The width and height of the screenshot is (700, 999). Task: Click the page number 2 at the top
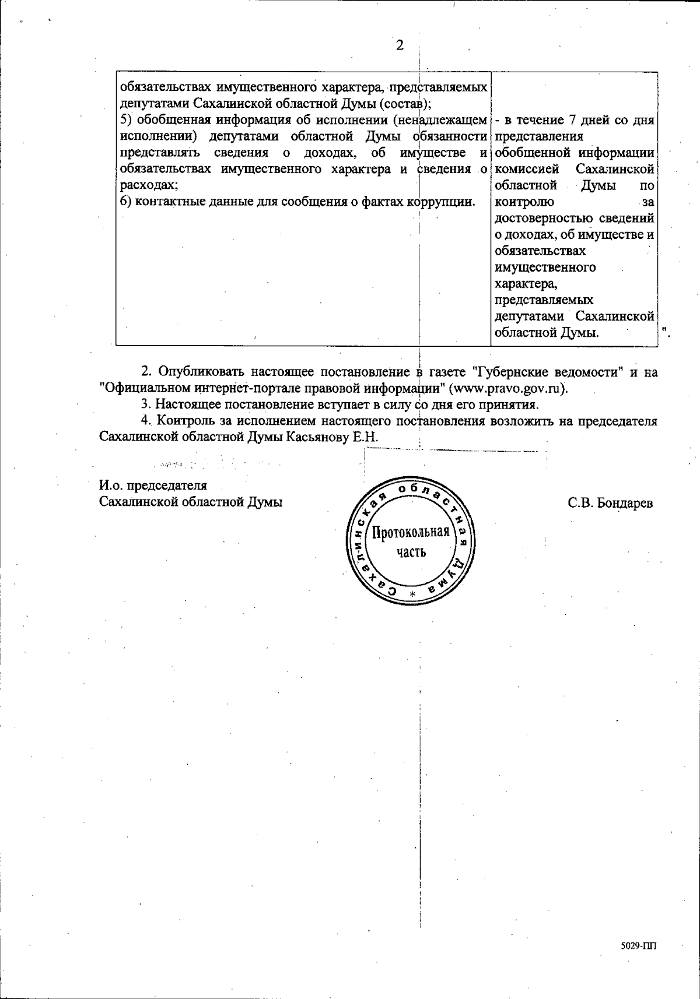click(x=400, y=45)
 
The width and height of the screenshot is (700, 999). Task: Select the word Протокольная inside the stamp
click(x=411, y=532)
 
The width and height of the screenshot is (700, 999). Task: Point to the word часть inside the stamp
click(x=411, y=551)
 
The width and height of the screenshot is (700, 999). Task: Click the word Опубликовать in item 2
click(x=201, y=371)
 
